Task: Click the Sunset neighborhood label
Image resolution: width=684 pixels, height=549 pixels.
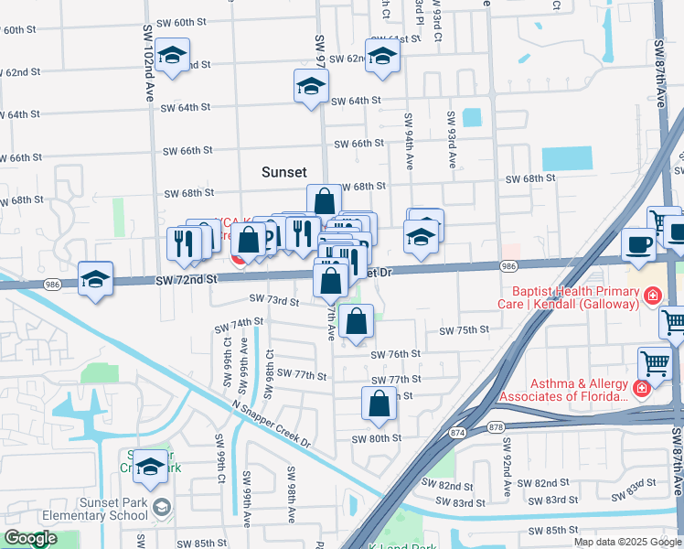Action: click(x=283, y=172)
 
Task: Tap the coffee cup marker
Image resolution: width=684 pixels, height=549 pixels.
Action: click(x=638, y=244)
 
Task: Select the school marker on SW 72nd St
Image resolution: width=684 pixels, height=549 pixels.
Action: click(x=96, y=280)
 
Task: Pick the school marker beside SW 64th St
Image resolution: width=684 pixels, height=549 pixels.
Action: click(x=311, y=87)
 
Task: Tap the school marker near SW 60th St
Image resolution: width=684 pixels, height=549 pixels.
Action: click(x=171, y=57)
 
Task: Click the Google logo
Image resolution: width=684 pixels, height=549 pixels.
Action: click(x=30, y=539)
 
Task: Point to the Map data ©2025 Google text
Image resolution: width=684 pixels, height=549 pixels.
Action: click(x=626, y=542)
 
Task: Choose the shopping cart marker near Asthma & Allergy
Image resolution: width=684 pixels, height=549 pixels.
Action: click(x=655, y=363)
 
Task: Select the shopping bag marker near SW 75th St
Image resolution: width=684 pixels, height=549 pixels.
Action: click(x=356, y=322)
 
